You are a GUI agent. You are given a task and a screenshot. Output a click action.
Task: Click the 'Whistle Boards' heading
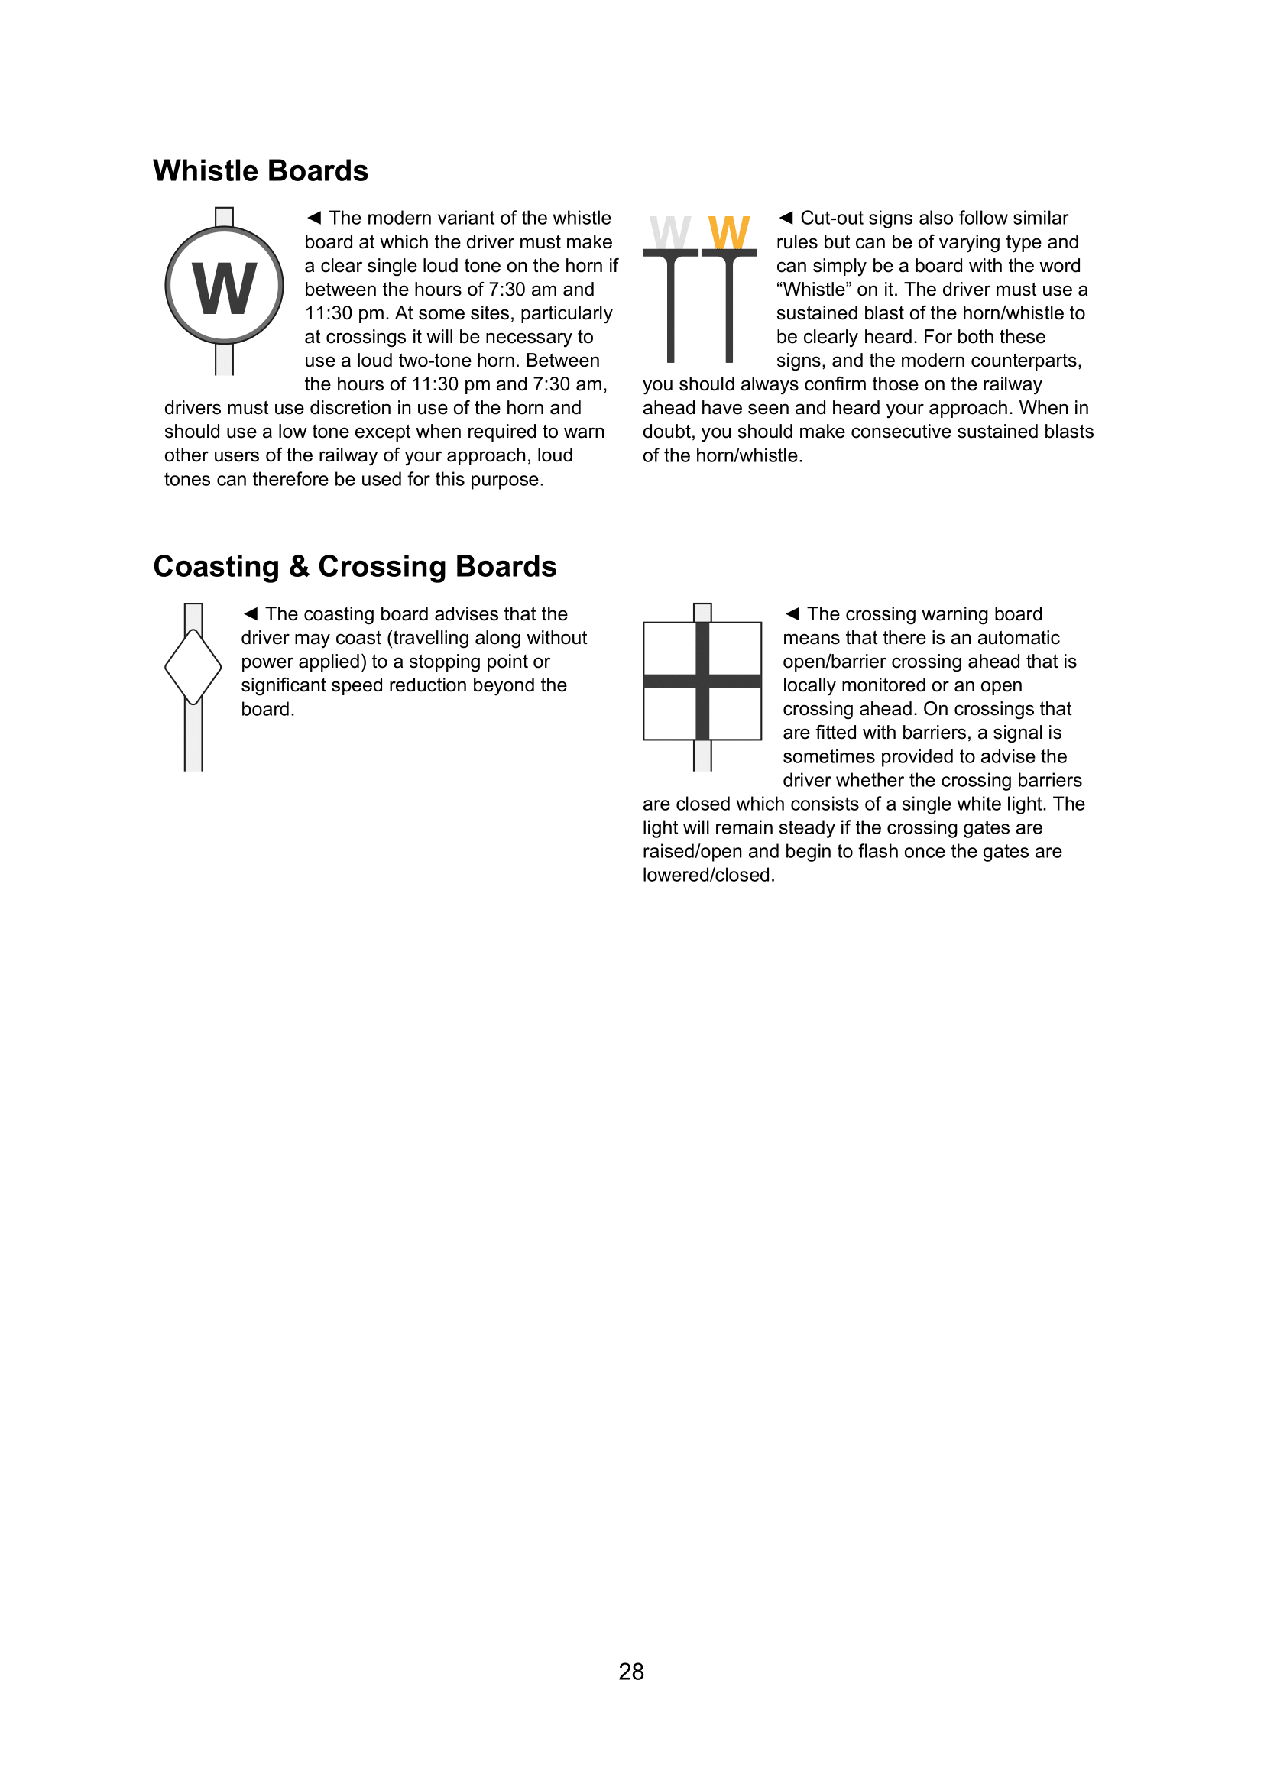click(260, 171)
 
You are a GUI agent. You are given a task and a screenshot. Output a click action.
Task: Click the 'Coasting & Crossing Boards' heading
click(354, 567)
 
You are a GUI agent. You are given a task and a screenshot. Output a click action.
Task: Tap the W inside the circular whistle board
click(224, 288)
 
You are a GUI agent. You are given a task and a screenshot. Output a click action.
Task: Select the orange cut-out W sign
click(728, 233)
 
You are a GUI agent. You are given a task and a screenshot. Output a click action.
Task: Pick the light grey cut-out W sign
click(670, 233)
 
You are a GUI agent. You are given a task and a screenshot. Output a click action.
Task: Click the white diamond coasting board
click(193, 667)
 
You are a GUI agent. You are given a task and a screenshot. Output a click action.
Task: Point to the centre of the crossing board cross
click(702, 681)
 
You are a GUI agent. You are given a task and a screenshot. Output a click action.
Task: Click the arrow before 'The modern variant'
click(313, 217)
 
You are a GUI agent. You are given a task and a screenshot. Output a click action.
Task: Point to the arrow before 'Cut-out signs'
click(786, 217)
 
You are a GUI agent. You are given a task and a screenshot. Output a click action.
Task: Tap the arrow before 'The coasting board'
click(251, 613)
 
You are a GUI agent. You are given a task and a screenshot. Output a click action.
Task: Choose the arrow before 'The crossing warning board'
click(792, 613)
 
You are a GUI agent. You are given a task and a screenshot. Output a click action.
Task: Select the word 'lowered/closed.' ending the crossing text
click(708, 876)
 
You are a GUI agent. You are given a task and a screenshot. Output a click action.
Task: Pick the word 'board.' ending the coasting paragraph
click(267, 709)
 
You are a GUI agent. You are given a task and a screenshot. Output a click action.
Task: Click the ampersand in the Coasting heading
click(299, 567)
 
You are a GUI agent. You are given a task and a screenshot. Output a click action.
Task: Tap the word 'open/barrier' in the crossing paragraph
click(837, 662)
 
